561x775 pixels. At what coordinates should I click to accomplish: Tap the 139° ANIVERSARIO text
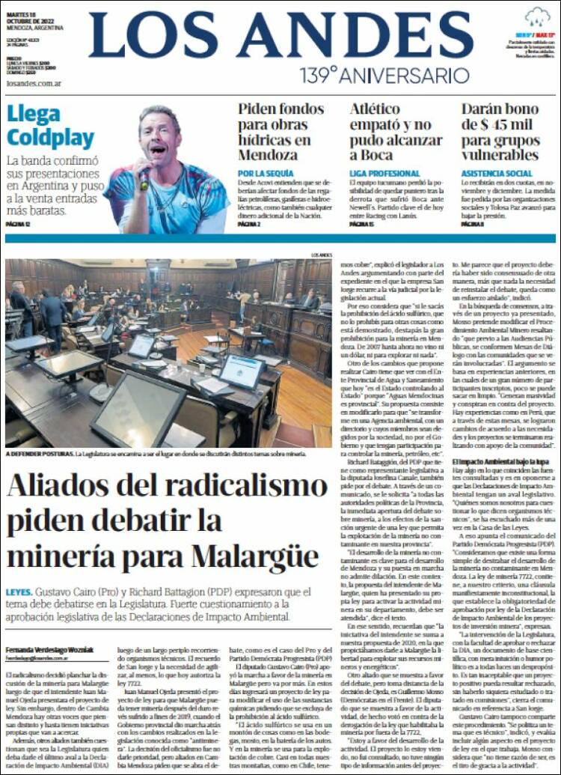384,76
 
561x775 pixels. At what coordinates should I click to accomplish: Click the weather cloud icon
537,16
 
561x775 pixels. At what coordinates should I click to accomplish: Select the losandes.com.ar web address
33,83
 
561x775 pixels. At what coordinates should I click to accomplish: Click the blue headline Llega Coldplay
50,127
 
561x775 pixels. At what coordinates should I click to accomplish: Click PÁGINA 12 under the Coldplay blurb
18,224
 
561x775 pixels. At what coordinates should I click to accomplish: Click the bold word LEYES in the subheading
19,592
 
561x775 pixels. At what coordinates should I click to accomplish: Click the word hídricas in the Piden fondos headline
266,139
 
